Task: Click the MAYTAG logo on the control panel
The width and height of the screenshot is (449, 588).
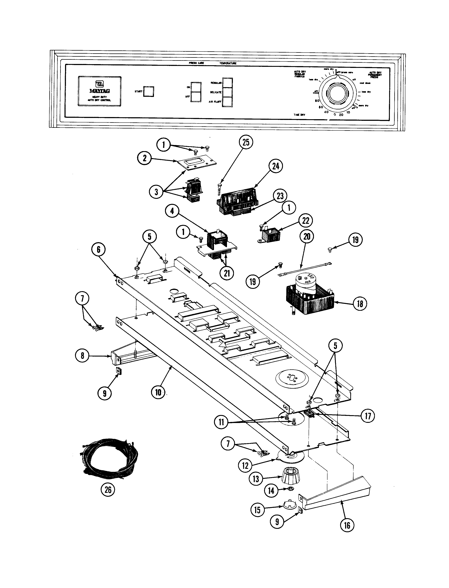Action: [x=99, y=91]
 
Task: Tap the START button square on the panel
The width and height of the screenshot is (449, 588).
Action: [x=149, y=91]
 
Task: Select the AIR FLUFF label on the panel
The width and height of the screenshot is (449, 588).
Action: [x=215, y=102]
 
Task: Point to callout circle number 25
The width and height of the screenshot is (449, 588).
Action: [x=246, y=143]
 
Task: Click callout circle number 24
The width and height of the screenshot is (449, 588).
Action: [x=275, y=166]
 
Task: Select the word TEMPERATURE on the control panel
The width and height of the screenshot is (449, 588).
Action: [x=228, y=63]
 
